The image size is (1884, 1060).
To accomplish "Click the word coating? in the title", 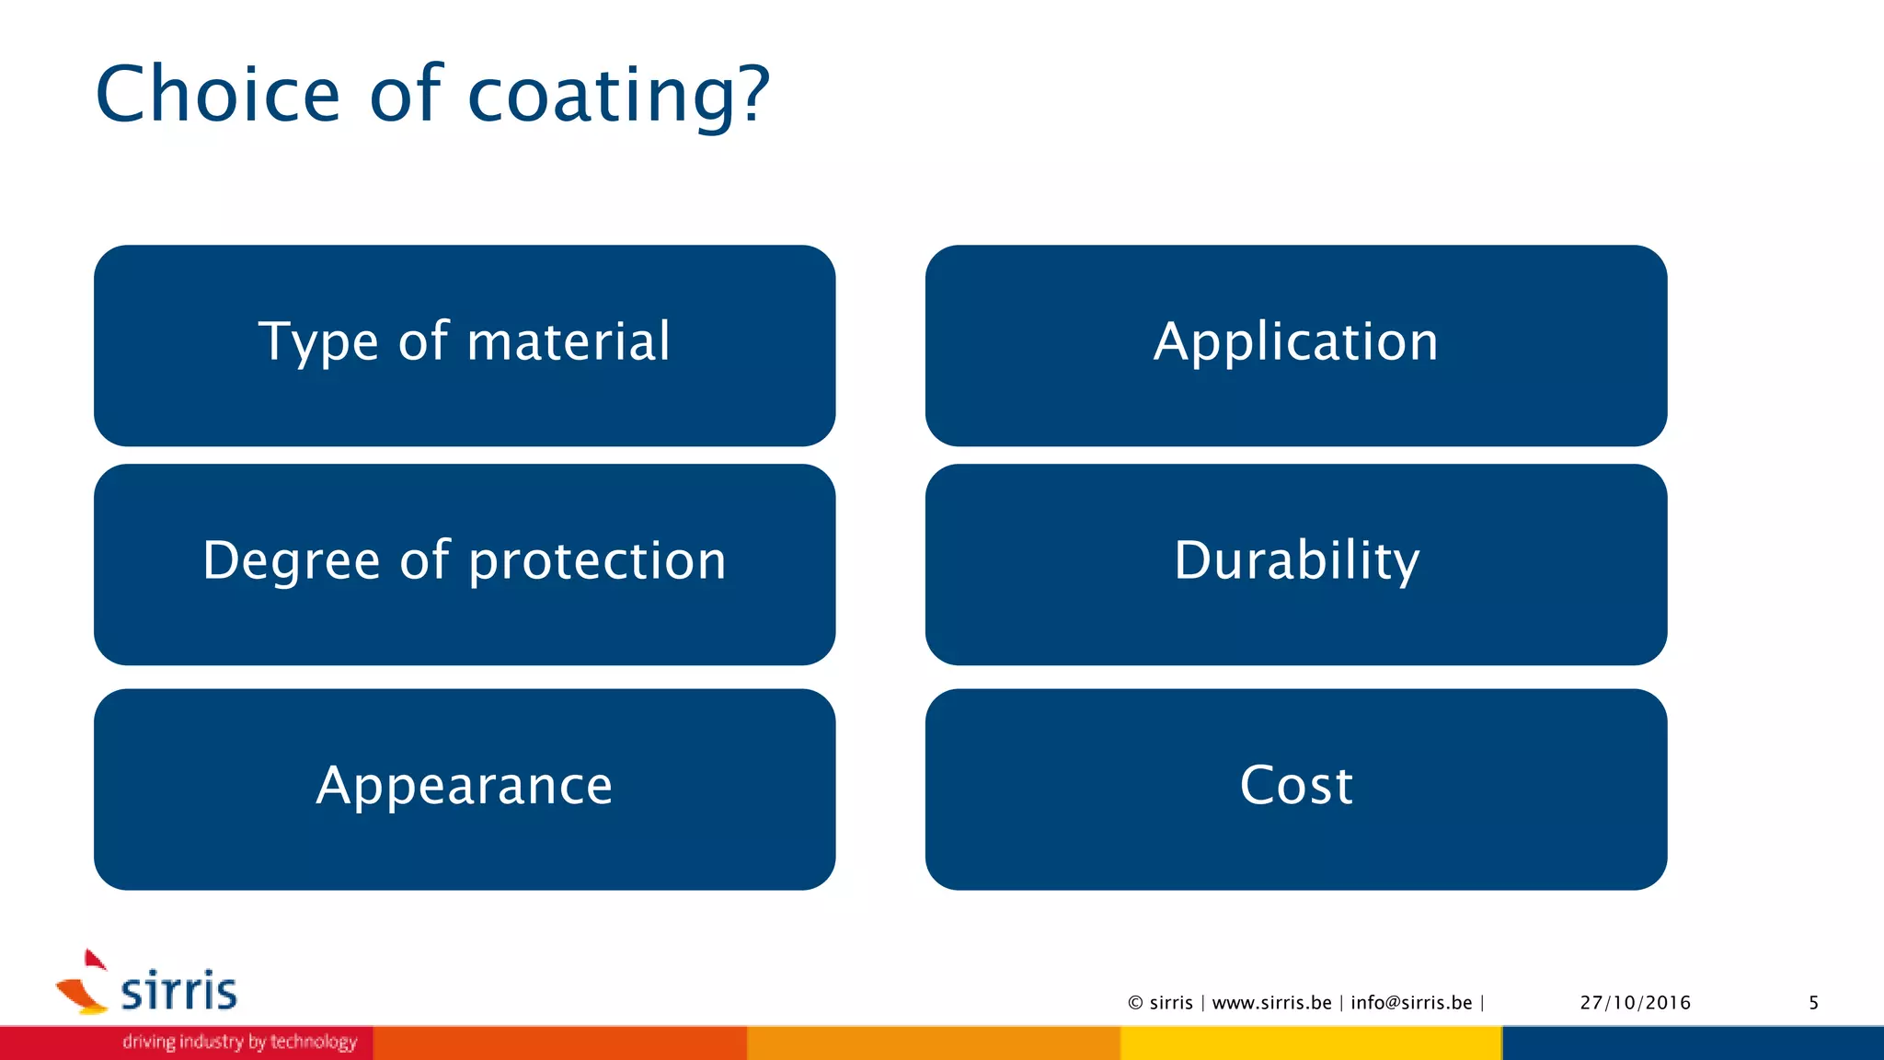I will tap(618, 96).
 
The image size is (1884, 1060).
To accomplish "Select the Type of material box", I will tap(465, 345).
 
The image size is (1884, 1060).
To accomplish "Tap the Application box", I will tap(1295, 345).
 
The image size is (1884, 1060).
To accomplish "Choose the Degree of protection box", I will tap(465, 564).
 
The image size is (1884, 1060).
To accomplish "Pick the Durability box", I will tap(1295, 564).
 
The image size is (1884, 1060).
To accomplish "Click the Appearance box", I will tap(465, 789).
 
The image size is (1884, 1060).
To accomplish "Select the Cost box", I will tap(1295, 789).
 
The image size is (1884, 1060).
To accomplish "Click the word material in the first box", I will tap(569, 341).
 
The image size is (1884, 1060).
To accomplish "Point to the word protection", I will tap(598, 561).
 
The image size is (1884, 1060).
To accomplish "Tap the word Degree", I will tap(291, 561).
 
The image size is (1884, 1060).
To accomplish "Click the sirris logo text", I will tap(178, 991).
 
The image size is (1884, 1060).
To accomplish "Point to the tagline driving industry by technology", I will tap(239, 1042).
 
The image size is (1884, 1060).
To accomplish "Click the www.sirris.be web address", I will tap(1271, 1003).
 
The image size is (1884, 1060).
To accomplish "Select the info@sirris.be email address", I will tap(1411, 1003).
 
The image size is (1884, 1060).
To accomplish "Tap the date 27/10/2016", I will tap(1635, 1003).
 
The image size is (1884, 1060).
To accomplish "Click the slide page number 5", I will tap(1813, 1003).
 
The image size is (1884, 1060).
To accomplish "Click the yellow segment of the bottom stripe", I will tap(1311, 1043).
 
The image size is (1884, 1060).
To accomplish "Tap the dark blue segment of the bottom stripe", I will tap(1693, 1043).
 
